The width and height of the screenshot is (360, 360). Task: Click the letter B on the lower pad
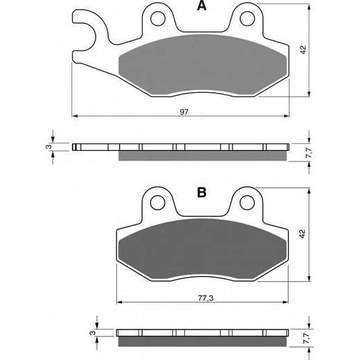tap(201, 193)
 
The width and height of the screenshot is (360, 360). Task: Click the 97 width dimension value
tap(184, 111)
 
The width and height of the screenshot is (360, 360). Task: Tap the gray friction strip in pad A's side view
tap(201, 154)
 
